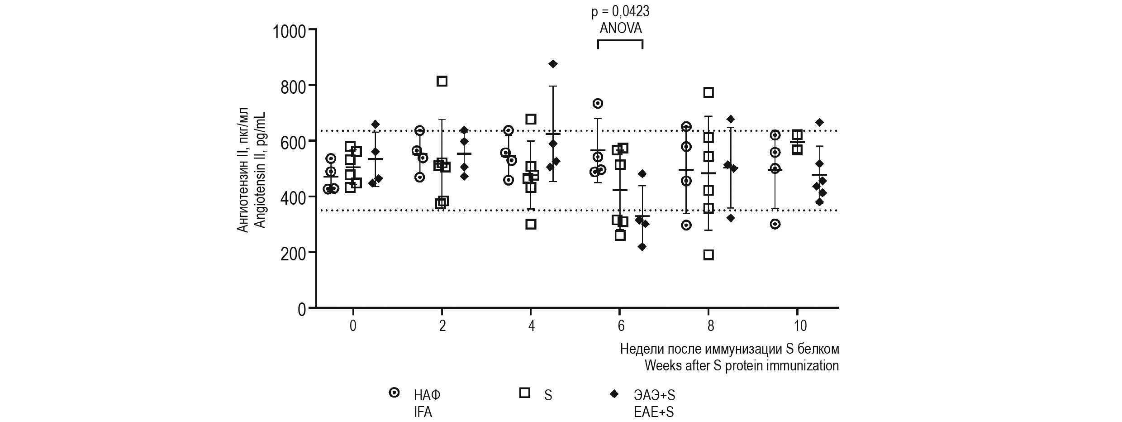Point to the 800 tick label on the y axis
293,86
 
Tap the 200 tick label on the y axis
293,253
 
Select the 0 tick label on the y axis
301,309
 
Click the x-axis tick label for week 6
621,326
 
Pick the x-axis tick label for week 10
800,326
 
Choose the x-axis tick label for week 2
442,326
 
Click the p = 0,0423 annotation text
620,12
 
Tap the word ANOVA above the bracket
620,29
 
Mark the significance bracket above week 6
620,41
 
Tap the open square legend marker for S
525,393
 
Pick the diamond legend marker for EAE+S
614,393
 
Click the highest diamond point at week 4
553,64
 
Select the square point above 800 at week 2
442,82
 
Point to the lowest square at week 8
708,255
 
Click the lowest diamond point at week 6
642,247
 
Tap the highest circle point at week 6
598,104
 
